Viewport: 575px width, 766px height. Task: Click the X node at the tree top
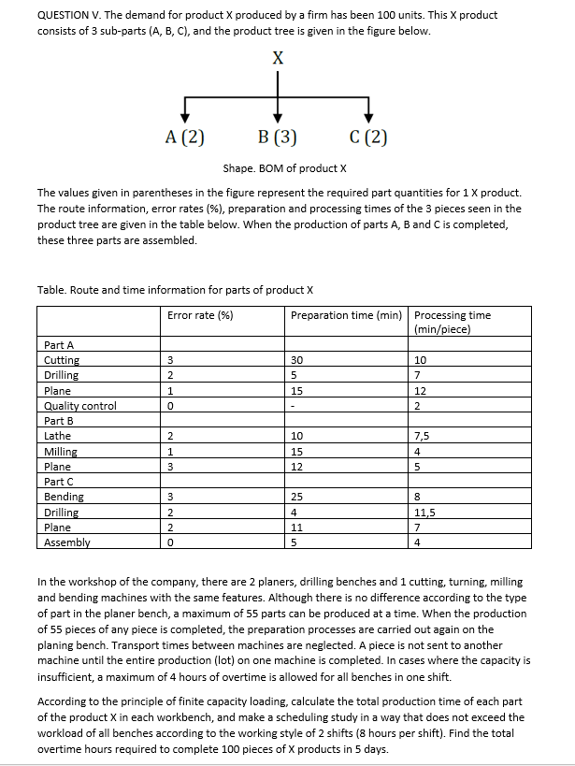277,57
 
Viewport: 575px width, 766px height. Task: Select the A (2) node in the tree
184,138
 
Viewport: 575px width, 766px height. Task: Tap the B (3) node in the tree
277,138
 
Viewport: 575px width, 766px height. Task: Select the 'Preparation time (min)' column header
346,315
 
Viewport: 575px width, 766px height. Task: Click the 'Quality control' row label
80,406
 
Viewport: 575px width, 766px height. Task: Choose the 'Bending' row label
64,497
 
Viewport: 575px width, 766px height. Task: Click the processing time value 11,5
425,513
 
